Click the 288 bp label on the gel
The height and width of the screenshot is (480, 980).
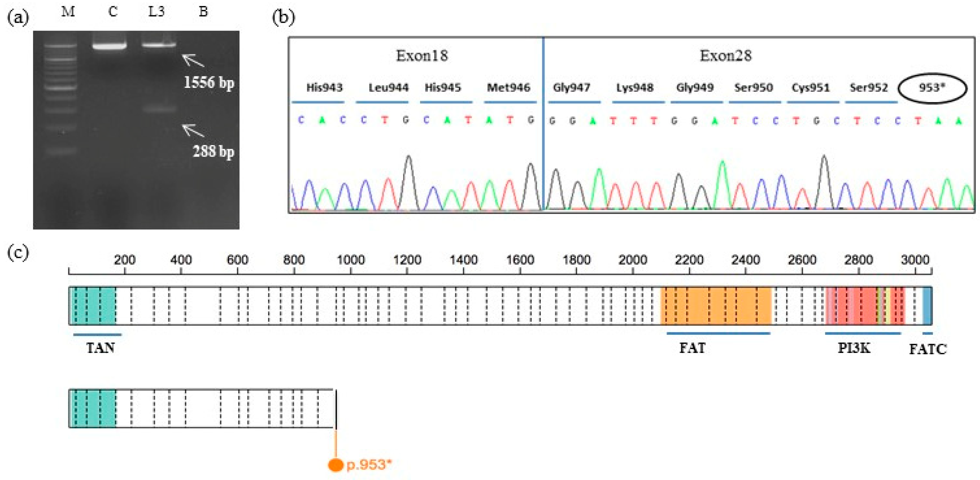[213, 151]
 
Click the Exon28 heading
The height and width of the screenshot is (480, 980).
[726, 56]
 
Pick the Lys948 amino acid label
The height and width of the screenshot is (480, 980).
[635, 88]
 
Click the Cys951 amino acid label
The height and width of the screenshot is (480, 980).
[810, 88]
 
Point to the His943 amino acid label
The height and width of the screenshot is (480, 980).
[324, 88]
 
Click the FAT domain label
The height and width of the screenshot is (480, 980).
[692, 348]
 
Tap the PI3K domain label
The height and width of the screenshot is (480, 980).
[854, 348]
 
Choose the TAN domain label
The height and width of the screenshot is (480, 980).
[100, 348]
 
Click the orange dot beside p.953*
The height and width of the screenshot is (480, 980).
[335, 465]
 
